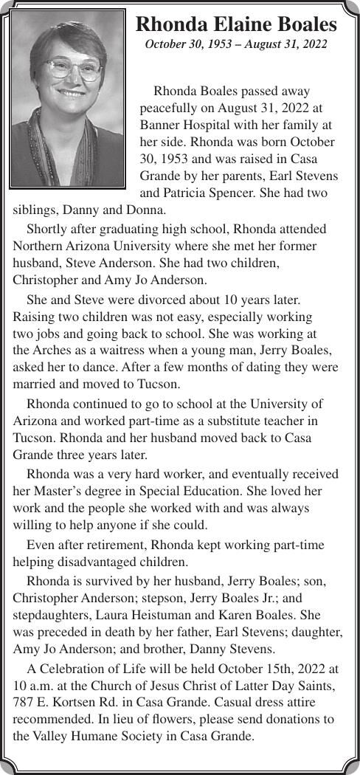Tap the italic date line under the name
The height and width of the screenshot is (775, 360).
click(x=236, y=45)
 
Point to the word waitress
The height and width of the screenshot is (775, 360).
click(x=131, y=350)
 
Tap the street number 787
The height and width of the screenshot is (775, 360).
click(x=24, y=701)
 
